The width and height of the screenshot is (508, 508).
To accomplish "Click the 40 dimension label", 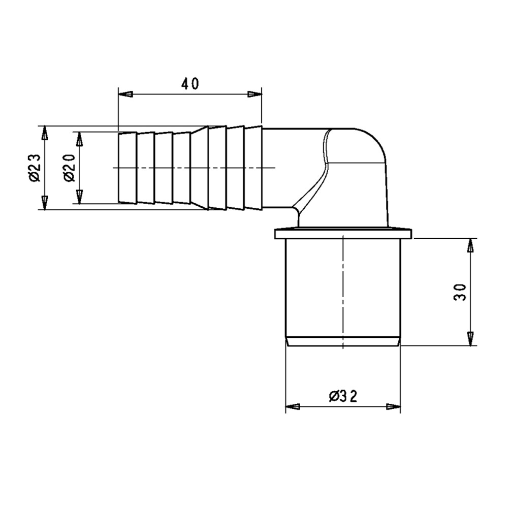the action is tap(190, 84).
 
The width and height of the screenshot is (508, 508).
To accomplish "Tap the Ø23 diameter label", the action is tap(35, 168).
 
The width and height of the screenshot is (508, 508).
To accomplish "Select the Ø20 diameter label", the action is tap(69, 168).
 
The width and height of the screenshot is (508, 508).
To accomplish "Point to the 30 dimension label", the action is tap(460, 292).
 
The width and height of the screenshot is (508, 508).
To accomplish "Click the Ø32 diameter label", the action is tap(343, 396).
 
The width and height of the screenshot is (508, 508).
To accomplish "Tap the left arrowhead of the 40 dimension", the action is tap(125, 94).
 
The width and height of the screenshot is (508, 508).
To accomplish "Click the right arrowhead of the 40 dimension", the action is tap(255, 94).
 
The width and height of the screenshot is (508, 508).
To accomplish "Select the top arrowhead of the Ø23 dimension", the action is tap(44, 133).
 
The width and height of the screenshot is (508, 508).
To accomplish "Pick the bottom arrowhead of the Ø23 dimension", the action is tap(44, 203).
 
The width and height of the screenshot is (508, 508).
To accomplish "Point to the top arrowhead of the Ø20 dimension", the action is tap(79, 139).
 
